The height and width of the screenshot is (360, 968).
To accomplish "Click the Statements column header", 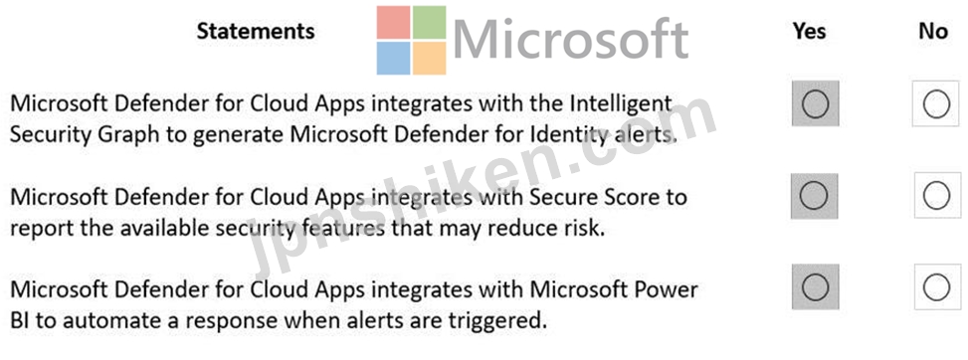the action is [256, 31].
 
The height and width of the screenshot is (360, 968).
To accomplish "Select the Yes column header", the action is [810, 31].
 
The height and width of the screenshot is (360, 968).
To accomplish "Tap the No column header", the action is [933, 31].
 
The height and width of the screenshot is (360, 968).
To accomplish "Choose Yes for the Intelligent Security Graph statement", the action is [815, 103].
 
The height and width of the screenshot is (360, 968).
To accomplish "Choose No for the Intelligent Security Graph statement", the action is [936, 103].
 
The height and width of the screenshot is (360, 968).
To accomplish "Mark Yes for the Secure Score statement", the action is [815, 196].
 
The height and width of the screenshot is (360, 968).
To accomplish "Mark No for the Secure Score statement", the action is [936, 196].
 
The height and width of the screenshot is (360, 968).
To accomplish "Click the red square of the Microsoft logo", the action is [393, 22].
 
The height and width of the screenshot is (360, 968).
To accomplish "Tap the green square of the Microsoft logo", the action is [429, 22].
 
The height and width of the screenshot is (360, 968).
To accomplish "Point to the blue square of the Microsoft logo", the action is [393, 58].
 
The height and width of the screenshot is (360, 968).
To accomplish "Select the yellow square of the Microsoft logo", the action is [429, 58].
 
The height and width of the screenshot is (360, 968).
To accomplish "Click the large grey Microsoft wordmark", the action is [571, 39].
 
